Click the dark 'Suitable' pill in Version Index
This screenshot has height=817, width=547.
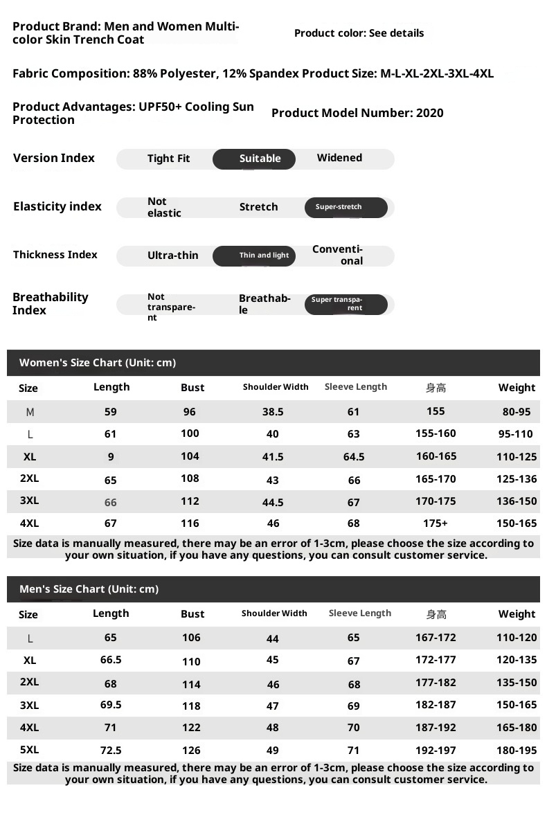click(x=254, y=159)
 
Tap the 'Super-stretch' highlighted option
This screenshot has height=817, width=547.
click(x=346, y=207)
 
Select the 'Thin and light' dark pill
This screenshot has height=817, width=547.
click(x=254, y=255)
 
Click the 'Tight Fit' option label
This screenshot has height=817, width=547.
click(x=168, y=159)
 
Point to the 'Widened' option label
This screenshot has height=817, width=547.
click(x=339, y=158)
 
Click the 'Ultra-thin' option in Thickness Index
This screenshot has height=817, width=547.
click(x=172, y=255)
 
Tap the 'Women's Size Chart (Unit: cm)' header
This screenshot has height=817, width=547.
click(x=98, y=363)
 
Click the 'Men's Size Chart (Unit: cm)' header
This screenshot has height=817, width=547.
click(x=89, y=589)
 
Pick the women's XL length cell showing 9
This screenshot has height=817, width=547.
click(x=111, y=457)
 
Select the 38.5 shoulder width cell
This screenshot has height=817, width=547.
click(x=273, y=412)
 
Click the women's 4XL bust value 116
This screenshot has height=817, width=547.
click(x=190, y=523)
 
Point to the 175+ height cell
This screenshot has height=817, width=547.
click(x=436, y=523)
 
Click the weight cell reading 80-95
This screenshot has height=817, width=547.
click(x=517, y=412)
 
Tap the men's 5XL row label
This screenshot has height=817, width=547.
click(x=30, y=750)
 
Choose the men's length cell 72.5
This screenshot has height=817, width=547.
click(x=111, y=750)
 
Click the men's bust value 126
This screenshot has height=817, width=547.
click(x=191, y=750)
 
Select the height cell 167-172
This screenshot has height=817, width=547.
click(x=436, y=638)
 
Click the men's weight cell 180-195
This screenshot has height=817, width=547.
click(x=517, y=750)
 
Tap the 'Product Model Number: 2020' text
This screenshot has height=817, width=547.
click(x=357, y=114)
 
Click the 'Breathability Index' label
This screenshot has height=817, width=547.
click(x=51, y=304)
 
